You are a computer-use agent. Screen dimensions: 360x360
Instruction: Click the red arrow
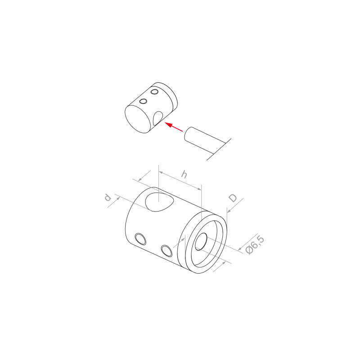[x=174, y=127]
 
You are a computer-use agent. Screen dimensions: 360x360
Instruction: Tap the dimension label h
[x=184, y=175]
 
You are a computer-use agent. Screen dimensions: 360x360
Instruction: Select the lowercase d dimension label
[x=108, y=197]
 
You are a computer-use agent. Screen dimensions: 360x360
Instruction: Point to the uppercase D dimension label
[x=233, y=198]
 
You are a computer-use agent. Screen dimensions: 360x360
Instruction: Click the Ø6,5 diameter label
[x=255, y=244]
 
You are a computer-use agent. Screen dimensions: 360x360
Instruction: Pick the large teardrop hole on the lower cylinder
[x=160, y=202]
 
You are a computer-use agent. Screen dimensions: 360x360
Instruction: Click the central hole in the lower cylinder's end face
[x=201, y=242]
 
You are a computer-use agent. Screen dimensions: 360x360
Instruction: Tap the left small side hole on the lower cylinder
[x=140, y=239]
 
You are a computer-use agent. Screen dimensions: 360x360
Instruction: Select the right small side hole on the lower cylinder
[x=166, y=251]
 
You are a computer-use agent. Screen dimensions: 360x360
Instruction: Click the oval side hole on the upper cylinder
[x=158, y=118]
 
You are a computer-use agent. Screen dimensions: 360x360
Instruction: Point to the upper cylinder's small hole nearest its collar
[x=154, y=92]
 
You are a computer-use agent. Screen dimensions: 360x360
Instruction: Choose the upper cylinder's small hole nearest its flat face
[x=143, y=101]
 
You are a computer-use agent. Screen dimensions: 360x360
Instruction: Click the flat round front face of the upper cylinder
[x=138, y=119]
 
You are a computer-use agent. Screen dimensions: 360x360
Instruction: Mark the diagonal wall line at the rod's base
[x=219, y=149]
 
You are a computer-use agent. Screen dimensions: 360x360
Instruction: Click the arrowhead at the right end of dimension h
[x=199, y=189]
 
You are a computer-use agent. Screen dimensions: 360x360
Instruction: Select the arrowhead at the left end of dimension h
[x=161, y=172]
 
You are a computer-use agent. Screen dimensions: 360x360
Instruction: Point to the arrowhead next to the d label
[x=118, y=198]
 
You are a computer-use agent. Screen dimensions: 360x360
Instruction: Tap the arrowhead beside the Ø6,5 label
[x=240, y=248]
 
